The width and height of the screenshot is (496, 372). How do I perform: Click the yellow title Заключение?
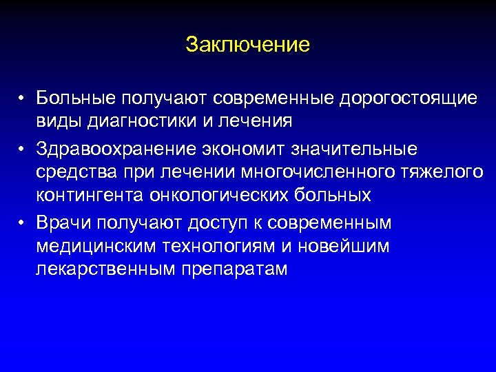pyautogui.click(x=248, y=45)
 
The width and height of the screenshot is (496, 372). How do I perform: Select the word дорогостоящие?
pyautogui.click(x=407, y=99)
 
